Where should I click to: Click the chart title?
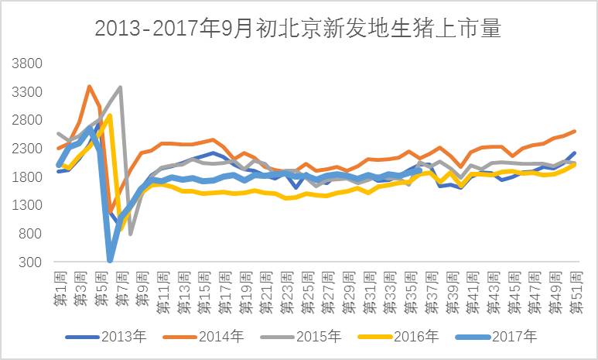tap(298, 29)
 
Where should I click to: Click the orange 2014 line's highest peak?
tap(90, 86)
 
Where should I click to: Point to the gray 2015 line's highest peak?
tap(120, 87)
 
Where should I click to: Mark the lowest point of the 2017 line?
tap(110, 261)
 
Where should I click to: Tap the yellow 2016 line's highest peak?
tap(110, 115)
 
